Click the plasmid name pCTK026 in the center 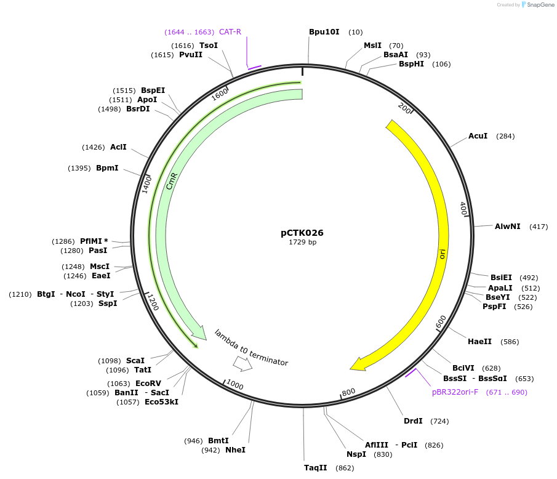[302, 233]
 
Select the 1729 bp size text [302, 243]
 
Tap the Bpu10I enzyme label [324, 31]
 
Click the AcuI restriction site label [478, 135]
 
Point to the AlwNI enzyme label [507, 227]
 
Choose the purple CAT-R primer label [230, 31]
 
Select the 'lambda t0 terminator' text [251, 348]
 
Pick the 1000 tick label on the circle [235, 385]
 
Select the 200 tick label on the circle [404, 108]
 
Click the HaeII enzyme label [479, 341]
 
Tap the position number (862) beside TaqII [345, 468]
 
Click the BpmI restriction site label [107, 168]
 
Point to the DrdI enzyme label [413, 421]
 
